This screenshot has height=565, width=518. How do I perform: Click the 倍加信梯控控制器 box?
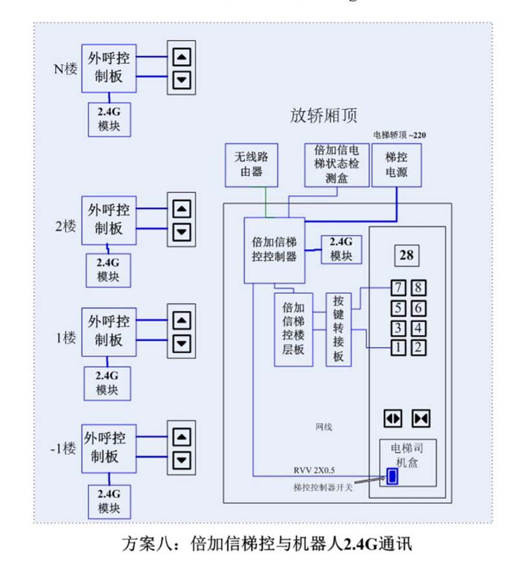coord(274,250)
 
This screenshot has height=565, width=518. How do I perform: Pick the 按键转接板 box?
coord(339,329)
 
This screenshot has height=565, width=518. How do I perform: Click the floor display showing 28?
coord(407,256)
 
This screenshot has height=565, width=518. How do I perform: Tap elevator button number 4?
coord(418,327)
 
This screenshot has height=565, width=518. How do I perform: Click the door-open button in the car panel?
coord(393,417)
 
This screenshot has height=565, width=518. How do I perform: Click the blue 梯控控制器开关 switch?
coord(392,478)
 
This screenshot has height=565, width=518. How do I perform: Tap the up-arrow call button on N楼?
coord(182,57)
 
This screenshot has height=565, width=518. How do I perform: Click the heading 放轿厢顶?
coord(324,116)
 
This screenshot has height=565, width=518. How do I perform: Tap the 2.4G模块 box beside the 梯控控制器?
coord(341,249)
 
